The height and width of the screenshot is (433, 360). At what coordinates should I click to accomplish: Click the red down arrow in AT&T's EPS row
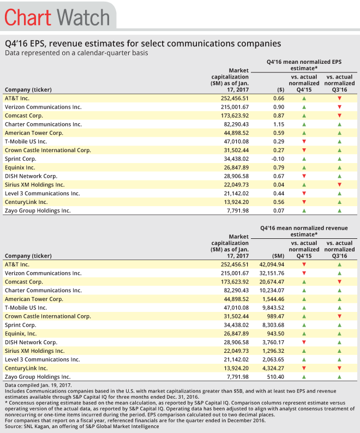click(339, 99)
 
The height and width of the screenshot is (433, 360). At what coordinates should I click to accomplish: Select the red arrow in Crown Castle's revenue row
click(339, 316)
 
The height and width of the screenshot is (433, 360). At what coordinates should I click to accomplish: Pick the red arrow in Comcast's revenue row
click(339, 282)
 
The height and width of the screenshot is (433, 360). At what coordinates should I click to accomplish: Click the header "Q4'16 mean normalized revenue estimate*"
click(303, 231)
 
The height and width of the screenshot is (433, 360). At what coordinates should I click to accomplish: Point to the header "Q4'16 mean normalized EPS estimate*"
click(303, 65)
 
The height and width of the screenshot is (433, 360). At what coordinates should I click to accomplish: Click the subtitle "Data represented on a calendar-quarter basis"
click(76, 53)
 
